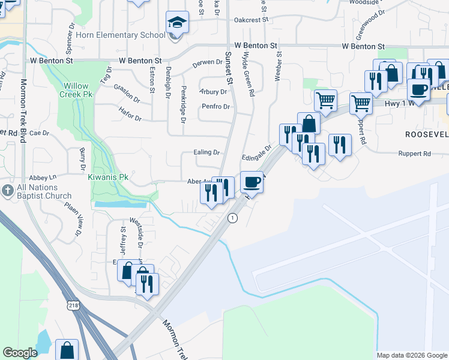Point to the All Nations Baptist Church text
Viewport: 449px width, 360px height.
tap(44, 192)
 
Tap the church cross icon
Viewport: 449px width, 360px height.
tap(8, 191)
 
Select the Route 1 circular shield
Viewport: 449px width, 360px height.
tap(232, 218)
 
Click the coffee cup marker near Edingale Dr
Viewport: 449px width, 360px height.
tap(252, 182)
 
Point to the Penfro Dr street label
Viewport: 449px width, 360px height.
tap(216, 107)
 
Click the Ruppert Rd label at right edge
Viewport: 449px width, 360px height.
tap(414, 154)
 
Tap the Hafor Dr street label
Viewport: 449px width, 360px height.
tap(130, 118)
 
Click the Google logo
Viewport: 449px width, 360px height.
tap(20, 353)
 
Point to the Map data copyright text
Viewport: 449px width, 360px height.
tap(412, 355)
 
